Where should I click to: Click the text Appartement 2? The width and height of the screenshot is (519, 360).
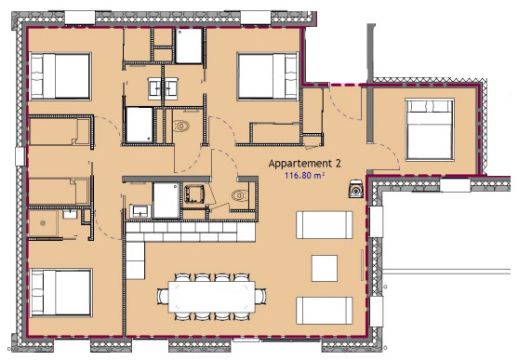(304, 164)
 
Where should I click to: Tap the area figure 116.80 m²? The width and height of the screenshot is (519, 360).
(304, 175)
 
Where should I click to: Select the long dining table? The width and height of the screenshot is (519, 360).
(211, 297)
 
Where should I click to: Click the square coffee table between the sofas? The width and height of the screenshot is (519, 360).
(325, 268)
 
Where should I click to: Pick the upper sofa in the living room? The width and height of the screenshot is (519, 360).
(325, 225)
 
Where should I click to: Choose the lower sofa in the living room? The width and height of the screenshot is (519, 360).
(325, 311)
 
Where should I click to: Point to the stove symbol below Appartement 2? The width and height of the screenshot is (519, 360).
(356, 189)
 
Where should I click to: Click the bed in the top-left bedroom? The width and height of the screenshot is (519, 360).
(60, 76)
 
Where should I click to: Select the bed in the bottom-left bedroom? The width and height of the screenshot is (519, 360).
(60, 293)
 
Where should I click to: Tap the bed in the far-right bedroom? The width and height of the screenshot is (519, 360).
(430, 129)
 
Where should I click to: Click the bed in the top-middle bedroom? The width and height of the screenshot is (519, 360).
(268, 76)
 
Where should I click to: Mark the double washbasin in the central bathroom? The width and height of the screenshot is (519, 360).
(163, 88)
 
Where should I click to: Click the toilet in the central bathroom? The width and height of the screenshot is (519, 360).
(181, 126)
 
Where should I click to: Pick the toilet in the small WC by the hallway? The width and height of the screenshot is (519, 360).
(240, 195)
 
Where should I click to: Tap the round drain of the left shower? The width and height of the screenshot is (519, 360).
(43, 223)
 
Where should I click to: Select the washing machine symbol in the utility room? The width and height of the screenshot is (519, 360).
(193, 194)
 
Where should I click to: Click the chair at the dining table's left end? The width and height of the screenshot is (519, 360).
(163, 297)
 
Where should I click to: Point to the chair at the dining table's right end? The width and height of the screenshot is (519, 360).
(260, 297)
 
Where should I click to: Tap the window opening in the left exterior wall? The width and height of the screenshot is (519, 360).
(20, 156)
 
